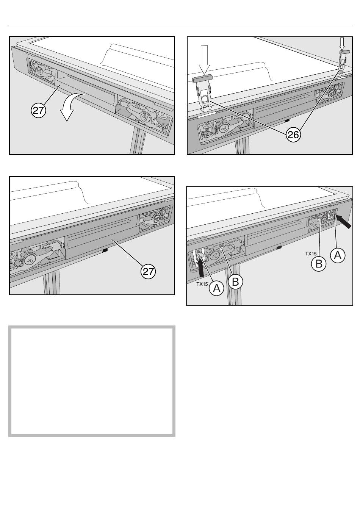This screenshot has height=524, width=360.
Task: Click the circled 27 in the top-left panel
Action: coord(38,111)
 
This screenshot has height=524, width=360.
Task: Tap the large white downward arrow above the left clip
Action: coord(204,59)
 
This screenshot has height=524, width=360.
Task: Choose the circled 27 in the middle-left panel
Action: coord(149,271)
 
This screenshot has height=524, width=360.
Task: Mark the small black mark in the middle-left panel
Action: coord(105,250)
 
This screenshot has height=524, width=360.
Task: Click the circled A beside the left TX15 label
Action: coord(216,288)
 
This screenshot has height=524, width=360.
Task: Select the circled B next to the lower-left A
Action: coord(235,282)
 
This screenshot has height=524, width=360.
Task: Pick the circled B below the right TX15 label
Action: coord(319,263)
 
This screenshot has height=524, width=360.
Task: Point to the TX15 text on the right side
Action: coord(311,253)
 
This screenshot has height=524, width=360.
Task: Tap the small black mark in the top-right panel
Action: coord(287,120)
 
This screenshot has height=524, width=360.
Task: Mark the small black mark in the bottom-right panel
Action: coord(279,247)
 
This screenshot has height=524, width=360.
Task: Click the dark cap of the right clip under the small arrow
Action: coord(344,51)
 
